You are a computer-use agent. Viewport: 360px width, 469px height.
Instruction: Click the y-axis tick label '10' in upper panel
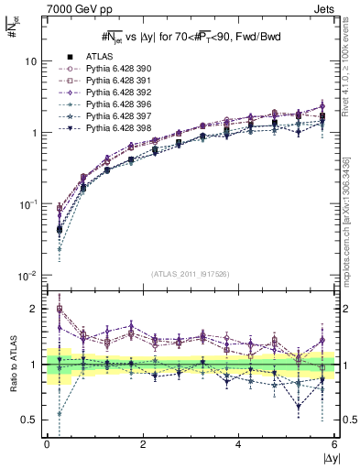30,61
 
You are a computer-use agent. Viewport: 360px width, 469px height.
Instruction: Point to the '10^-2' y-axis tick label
27,276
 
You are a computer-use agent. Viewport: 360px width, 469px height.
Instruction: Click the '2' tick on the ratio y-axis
34,309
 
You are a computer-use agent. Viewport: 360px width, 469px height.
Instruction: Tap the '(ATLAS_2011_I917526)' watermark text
190,273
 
